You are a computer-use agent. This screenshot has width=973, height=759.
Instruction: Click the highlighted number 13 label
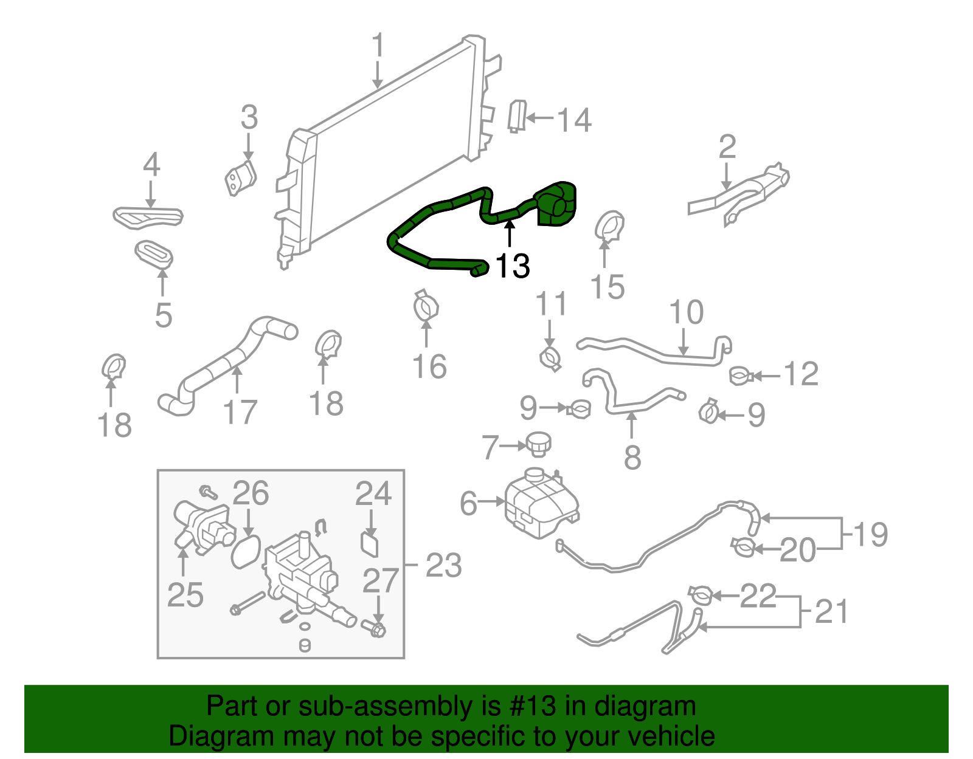point(513,266)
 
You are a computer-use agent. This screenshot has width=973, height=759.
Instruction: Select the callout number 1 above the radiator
point(378,46)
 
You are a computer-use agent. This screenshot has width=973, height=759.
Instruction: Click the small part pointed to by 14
point(516,116)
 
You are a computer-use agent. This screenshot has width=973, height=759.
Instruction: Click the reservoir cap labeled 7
point(538,444)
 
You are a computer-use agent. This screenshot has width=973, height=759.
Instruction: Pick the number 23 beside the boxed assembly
point(443,566)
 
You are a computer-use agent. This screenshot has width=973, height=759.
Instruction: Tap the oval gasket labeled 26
point(246,551)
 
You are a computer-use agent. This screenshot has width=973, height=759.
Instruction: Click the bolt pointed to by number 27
point(375,628)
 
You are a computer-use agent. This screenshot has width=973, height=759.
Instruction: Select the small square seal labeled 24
point(369,543)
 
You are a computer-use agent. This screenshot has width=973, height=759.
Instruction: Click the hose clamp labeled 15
point(609,226)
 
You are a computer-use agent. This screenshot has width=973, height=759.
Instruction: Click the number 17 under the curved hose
point(240,413)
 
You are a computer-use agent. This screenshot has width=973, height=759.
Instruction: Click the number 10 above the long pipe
point(686,312)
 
